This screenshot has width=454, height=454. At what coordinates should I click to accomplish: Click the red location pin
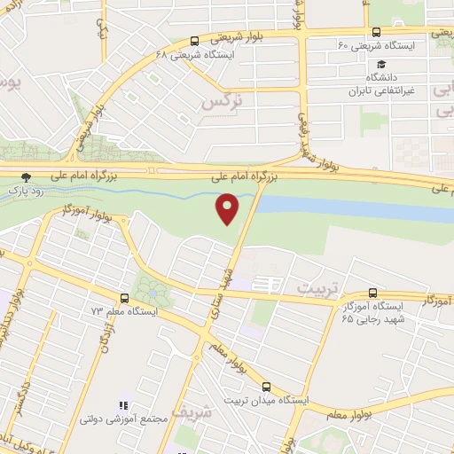[228, 207]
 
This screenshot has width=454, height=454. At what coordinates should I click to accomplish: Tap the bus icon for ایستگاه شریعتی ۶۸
[194, 41]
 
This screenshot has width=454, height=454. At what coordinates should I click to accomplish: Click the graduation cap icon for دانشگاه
[381, 64]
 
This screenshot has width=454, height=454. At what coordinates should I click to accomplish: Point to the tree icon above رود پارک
[26, 176]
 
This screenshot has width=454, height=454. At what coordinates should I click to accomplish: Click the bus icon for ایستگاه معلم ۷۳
[123, 298]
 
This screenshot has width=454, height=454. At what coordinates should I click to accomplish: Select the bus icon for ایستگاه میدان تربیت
[267, 387]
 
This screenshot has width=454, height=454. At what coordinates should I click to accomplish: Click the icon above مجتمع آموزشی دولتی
[122, 405]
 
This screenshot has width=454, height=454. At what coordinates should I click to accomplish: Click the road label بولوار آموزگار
[86, 212]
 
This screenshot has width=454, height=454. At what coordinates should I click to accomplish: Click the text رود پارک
[26, 190]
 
